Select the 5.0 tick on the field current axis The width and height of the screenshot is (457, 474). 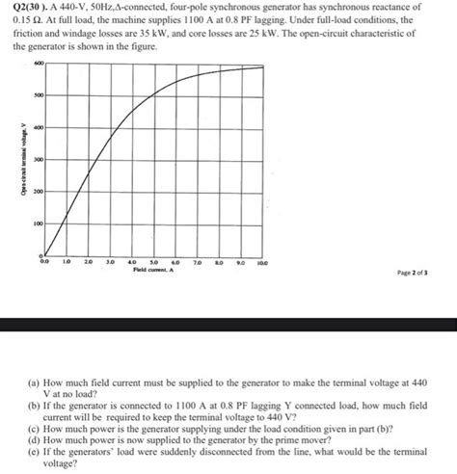[x=154, y=261]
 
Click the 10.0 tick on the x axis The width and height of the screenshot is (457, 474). [x=264, y=261]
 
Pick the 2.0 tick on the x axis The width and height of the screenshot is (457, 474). [x=89, y=261]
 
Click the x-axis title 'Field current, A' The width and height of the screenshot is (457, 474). [x=154, y=271]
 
